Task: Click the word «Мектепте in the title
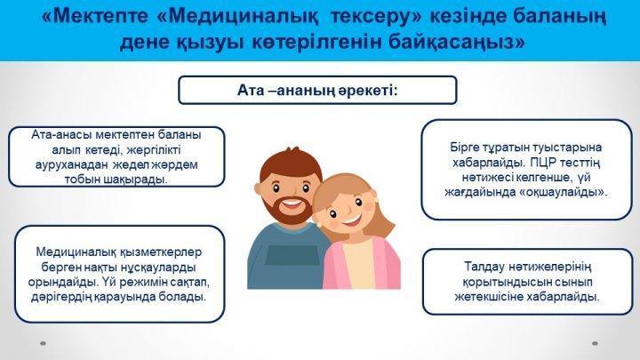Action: (x=94, y=15)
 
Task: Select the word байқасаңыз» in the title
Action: (x=457, y=43)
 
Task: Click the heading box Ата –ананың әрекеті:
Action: (x=317, y=90)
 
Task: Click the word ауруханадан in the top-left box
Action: (x=71, y=165)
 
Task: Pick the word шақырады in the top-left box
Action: (x=136, y=180)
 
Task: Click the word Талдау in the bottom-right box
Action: (x=484, y=267)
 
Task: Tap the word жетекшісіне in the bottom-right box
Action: (x=489, y=297)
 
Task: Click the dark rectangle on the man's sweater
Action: (x=292, y=255)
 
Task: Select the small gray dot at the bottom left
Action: (x=43, y=344)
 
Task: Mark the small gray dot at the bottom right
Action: (x=595, y=344)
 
